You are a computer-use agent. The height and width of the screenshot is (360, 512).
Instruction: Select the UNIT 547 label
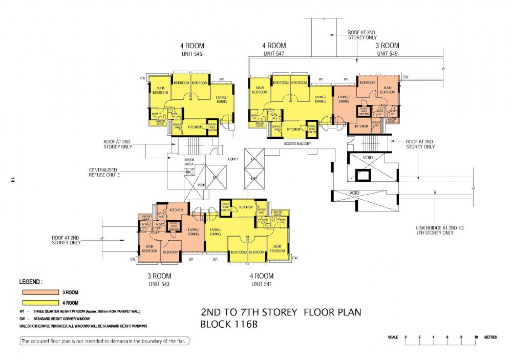tap(274, 53)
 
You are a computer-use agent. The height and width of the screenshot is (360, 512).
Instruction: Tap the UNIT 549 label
tap(388, 53)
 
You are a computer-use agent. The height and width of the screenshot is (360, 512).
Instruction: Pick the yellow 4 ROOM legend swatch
tap(39, 303)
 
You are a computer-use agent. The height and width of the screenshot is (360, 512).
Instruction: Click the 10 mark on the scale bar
tap(476, 337)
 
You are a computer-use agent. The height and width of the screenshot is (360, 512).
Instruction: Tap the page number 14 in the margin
tap(11, 180)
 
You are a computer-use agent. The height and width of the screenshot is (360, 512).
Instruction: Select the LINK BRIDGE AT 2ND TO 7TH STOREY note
tap(435, 230)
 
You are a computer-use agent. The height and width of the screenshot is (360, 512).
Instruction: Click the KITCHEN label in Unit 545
tap(194, 126)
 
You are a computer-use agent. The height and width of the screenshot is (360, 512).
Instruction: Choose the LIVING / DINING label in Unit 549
tap(344, 99)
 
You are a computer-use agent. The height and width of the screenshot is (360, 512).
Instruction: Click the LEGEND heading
tap(31, 282)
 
